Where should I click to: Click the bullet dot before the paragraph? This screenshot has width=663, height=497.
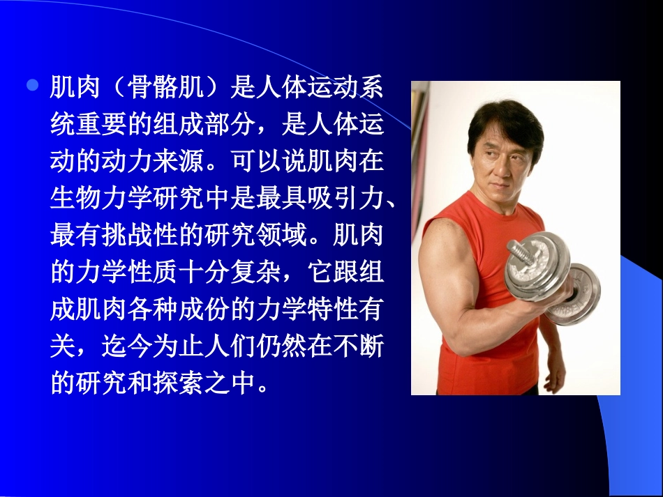click(x=31, y=86)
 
